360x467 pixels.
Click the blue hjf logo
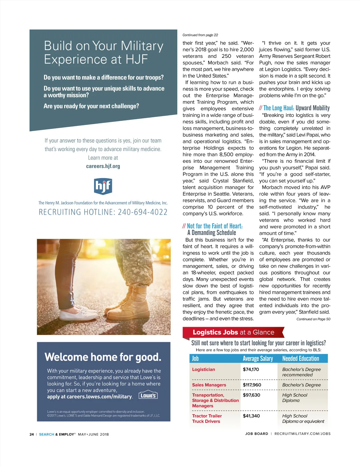tap(103, 186)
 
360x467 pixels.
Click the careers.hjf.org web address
tap(103, 166)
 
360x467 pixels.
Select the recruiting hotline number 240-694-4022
tap(142, 212)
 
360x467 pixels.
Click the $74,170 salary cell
tap(251, 369)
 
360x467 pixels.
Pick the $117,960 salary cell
tap(252, 385)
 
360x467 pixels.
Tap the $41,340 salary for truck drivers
tap(251, 416)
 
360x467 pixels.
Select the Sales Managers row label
tap(209, 385)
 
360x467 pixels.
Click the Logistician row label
tap(203, 369)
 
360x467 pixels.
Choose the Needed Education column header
tap(301, 358)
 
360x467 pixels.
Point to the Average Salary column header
tap(258, 358)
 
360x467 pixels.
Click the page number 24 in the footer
tap(31, 434)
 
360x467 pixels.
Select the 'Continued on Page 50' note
tap(313, 319)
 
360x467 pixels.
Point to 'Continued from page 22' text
tap(200, 35)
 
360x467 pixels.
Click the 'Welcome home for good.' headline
tap(103, 357)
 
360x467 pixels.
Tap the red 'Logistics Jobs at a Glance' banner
tap(233, 332)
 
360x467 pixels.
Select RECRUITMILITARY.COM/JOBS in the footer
tap(302, 434)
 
